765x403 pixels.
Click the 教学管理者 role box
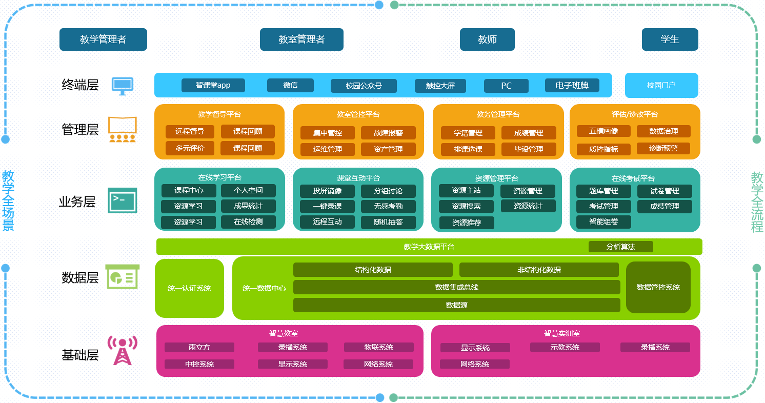tap(103, 39)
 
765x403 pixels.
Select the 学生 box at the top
tap(670, 39)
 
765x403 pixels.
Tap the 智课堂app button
tap(213, 86)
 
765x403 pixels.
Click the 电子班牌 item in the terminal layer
tap(572, 86)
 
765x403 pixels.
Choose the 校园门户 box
tap(661, 85)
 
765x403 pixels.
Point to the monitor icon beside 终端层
tap(123, 86)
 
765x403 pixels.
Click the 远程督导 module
tap(190, 131)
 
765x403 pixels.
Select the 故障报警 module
tap(388, 133)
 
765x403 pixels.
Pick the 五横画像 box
tap(603, 131)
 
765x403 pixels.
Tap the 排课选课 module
tap(468, 149)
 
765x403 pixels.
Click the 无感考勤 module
tap(388, 206)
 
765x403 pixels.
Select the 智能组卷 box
tap(603, 222)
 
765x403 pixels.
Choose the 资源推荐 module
tap(467, 223)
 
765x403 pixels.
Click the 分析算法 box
tap(620, 247)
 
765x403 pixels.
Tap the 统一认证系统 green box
tap(189, 288)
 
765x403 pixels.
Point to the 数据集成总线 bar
tap(456, 287)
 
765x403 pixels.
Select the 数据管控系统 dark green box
tap(658, 287)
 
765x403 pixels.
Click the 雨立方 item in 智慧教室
tap(199, 348)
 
